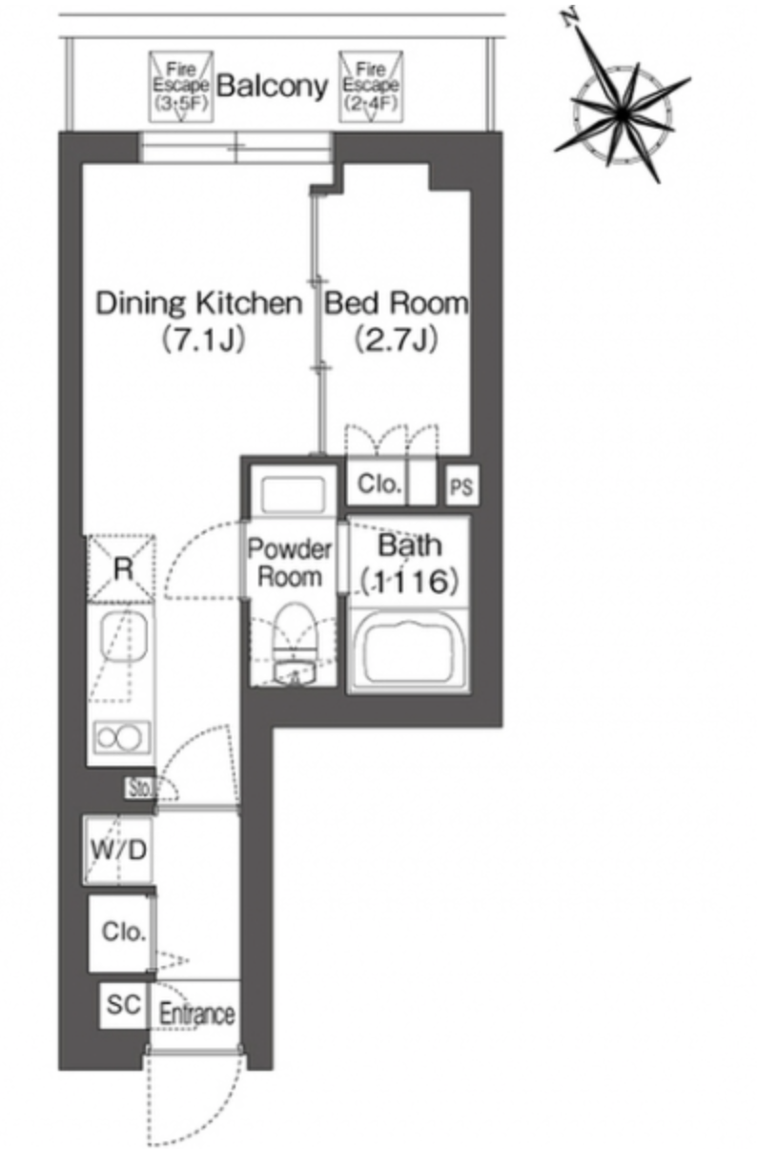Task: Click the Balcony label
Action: click(273, 86)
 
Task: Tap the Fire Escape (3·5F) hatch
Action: click(181, 87)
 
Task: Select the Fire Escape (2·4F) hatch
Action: click(371, 87)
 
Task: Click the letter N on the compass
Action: click(571, 17)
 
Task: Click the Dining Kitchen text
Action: click(199, 302)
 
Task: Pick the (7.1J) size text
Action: click(203, 340)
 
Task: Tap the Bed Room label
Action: click(397, 302)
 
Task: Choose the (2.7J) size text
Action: click(397, 340)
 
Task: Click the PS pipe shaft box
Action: click(462, 485)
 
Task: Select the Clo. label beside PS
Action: click(379, 484)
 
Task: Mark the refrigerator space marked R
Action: click(122, 568)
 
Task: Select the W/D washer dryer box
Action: click(118, 850)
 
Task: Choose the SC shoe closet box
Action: click(124, 1005)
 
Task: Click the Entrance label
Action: click(197, 1015)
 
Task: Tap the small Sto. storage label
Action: click(140, 789)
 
